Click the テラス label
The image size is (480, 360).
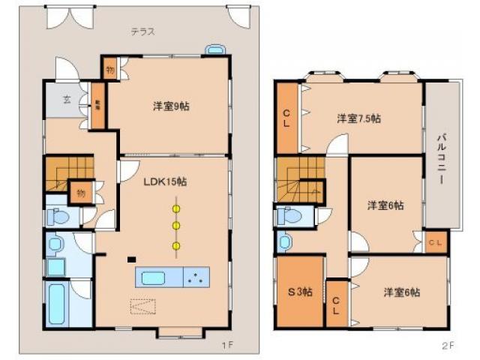142,31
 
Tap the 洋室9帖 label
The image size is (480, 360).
172,106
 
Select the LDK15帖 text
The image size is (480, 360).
166,181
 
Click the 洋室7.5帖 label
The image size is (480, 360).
358,118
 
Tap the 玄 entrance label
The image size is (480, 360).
67,100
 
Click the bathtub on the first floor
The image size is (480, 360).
57,304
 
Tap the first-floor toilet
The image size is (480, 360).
58,217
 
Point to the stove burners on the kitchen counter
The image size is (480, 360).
196,277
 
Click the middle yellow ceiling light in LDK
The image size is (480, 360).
176,226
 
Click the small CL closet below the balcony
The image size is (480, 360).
435,241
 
